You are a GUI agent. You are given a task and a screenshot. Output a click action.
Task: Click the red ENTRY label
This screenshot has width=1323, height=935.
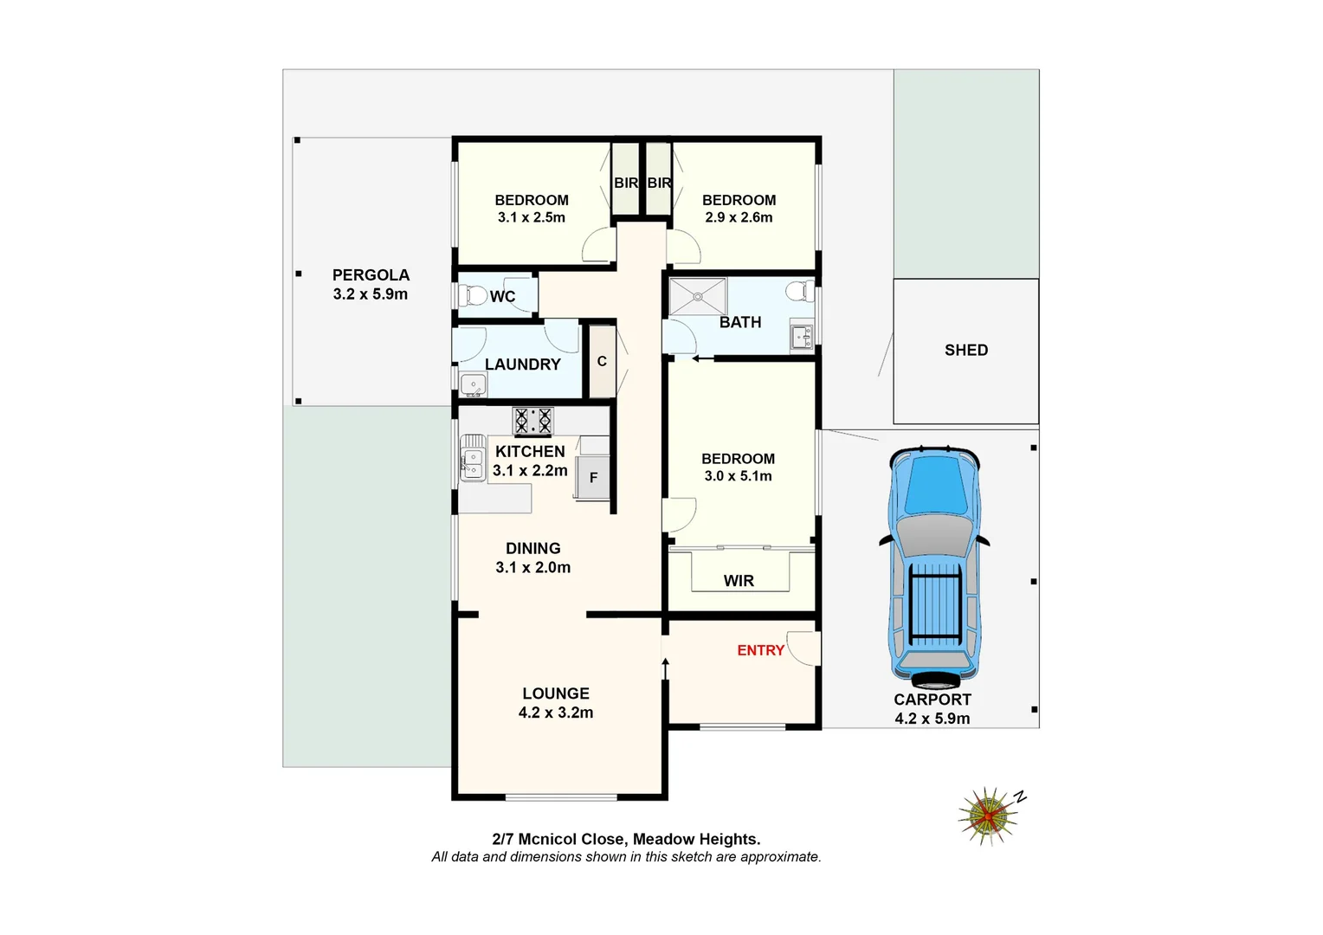(x=760, y=650)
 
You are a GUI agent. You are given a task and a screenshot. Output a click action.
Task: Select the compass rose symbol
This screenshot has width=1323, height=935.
(x=988, y=815)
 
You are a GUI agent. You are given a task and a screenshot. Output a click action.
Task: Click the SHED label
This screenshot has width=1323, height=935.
(x=965, y=351)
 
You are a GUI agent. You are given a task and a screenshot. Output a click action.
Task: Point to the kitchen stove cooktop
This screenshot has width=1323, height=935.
(x=532, y=422)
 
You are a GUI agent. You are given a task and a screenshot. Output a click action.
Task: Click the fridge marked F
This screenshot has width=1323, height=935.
(x=593, y=478)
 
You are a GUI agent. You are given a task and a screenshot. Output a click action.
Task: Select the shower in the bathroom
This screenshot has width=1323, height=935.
(x=698, y=297)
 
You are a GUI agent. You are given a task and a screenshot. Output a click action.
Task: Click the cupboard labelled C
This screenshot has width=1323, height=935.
(x=602, y=362)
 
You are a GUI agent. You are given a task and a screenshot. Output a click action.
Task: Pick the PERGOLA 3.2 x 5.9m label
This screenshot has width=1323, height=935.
(x=371, y=285)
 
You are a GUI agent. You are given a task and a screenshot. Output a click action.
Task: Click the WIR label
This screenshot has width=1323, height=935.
(x=739, y=581)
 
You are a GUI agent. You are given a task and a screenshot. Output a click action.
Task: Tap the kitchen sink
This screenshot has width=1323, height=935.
(x=472, y=460)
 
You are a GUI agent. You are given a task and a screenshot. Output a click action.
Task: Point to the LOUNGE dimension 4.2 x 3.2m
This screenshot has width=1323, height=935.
(x=556, y=713)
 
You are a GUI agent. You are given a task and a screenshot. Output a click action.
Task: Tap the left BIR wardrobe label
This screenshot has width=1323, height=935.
(x=625, y=184)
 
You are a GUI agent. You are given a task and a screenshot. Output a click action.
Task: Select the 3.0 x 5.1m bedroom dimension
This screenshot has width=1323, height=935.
(x=738, y=476)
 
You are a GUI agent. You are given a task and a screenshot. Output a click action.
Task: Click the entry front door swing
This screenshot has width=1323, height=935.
(x=805, y=648)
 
